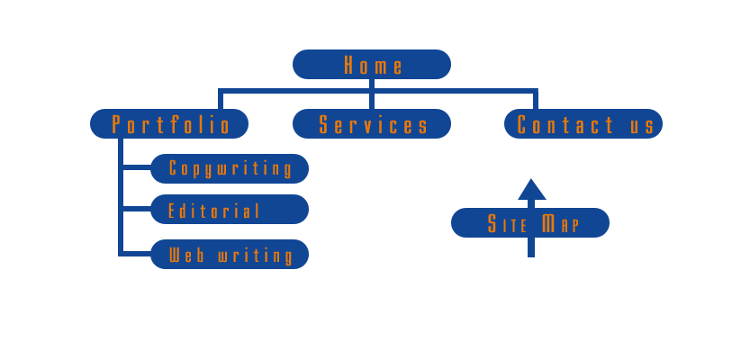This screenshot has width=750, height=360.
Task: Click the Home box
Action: (x=371, y=65)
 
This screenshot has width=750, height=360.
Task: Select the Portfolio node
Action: (x=169, y=124)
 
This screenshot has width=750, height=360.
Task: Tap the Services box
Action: (x=371, y=124)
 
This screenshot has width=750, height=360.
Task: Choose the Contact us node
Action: (x=583, y=124)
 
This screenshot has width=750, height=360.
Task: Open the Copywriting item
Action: (x=230, y=168)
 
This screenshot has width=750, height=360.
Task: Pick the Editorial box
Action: (x=230, y=210)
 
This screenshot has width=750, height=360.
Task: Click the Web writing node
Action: (x=230, y=255)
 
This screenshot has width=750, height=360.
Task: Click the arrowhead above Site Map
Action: (x=532, y=190)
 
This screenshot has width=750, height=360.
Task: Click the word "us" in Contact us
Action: (x=643, y=125)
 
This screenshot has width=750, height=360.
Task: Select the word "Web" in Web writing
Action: (x=187, y=256)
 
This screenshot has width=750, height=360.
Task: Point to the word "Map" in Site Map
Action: (x=561, y=223)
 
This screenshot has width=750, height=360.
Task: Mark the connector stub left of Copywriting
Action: (x=136, y=167)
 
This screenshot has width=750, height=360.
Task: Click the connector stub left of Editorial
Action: (x=136, y=209)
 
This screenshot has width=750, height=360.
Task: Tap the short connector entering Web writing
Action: (x=136, y=254)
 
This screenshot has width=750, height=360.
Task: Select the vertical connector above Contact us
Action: (x=536, y=100)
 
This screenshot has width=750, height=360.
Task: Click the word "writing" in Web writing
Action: (x=256, y=256)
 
